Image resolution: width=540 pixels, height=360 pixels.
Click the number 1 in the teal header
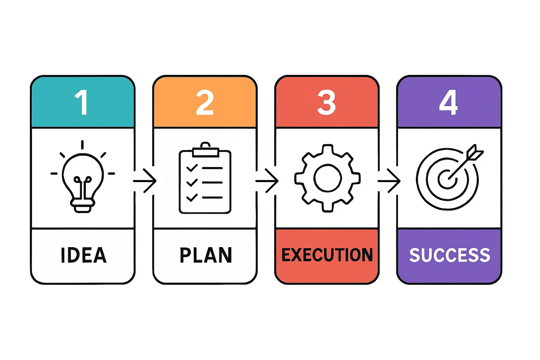[82, 102]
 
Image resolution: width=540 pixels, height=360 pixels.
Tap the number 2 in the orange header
[205, 102]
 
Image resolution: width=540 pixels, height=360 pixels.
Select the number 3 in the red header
[327, 102]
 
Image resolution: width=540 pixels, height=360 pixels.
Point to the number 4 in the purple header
[448, 102]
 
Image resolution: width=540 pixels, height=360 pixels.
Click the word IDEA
[83, 255]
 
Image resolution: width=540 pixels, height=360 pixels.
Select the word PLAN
[206, 255]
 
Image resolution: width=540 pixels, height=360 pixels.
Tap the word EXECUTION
[327, 255]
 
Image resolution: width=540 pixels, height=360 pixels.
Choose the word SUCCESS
[449, 255]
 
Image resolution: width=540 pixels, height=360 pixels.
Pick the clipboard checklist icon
[205, 179]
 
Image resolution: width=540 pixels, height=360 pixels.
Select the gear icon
[327, 178]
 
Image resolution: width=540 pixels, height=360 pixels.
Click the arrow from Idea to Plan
[145, 181]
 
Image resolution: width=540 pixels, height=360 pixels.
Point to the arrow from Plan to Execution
[267, 181]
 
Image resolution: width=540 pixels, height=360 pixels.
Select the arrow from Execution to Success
[389, 181]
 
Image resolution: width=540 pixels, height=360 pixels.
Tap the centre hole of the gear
[327, 178]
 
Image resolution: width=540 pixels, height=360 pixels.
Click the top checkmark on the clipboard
[192, 168]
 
